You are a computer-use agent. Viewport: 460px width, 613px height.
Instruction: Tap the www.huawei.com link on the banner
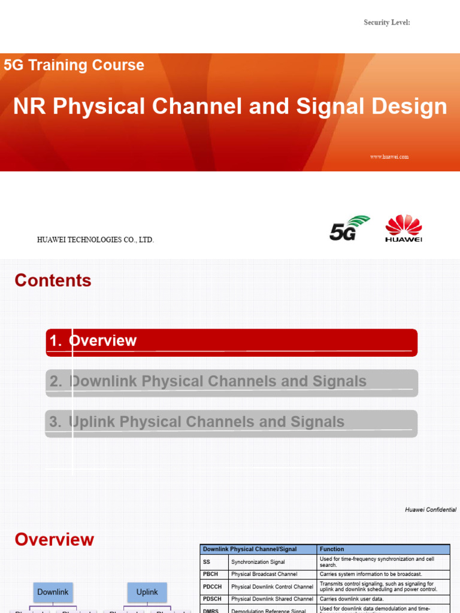(389, 157)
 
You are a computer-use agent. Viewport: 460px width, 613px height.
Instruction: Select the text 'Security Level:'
(386, 23)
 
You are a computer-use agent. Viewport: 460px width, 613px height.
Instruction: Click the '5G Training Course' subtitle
(74, 65)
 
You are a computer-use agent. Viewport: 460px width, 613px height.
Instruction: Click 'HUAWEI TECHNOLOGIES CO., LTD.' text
(95, 240)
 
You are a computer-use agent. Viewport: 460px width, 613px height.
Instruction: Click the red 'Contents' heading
(53, 281)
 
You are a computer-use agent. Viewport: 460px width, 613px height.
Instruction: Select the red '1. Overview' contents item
(231, 342)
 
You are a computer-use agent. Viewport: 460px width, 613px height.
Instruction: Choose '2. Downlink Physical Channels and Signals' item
(231, 383)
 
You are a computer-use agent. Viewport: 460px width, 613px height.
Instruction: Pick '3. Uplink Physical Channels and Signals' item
(231, 423)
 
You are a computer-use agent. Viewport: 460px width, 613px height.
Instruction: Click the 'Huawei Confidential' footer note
(430, 510)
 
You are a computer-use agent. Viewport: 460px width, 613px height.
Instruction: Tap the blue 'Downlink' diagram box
(53, 592)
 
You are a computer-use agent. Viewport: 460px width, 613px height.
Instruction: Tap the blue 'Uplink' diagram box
(147, 592)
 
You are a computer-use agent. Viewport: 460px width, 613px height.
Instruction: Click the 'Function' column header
(332, 549)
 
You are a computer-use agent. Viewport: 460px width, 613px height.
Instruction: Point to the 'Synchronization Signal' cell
(258, 562)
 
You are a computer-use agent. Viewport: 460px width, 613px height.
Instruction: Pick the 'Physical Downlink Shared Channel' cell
(272, 599)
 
